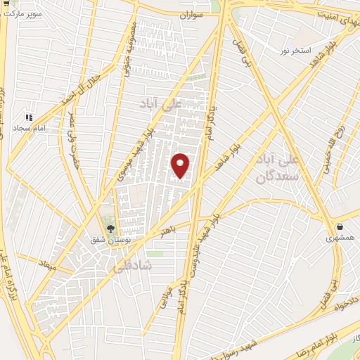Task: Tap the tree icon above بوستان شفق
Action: coord(110,228)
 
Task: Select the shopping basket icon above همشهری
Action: coord(341,227)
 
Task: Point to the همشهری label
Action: coord(341,239)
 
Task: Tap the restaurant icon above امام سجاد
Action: coord(29,117)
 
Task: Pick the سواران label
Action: coord(191,14)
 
